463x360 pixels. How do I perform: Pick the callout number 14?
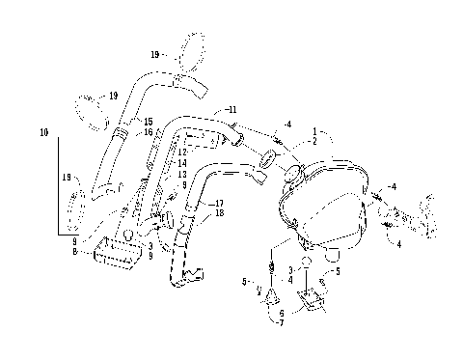point(182,163)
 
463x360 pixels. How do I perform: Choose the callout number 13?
point(182,174)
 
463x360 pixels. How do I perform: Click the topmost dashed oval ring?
point(194,52)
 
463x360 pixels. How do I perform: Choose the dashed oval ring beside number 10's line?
point(79,207)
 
